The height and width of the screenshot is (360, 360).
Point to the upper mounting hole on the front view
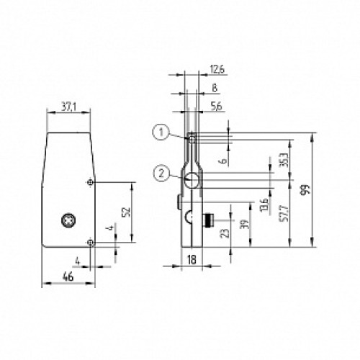tap(89, 182)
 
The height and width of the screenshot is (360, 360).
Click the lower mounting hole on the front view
tap(89, 242)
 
